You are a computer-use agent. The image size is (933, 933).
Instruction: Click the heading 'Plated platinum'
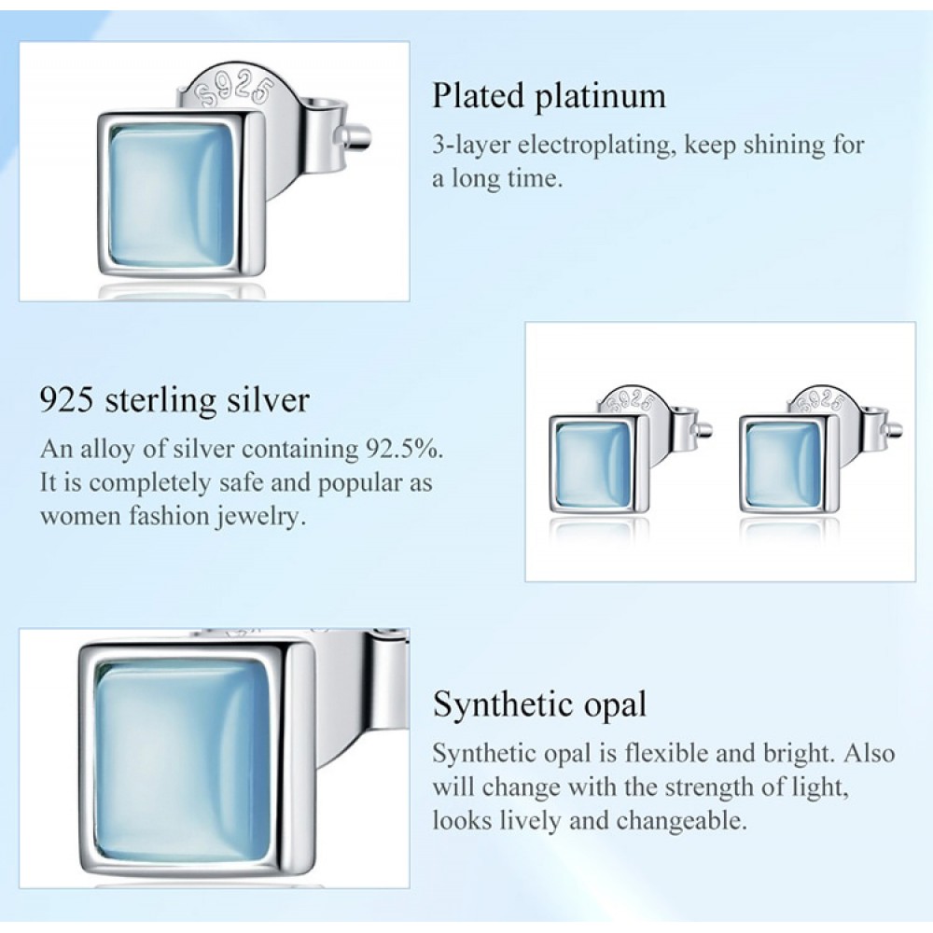(x=549, y=96)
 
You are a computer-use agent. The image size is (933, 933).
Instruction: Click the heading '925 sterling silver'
(x=174, y=400)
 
